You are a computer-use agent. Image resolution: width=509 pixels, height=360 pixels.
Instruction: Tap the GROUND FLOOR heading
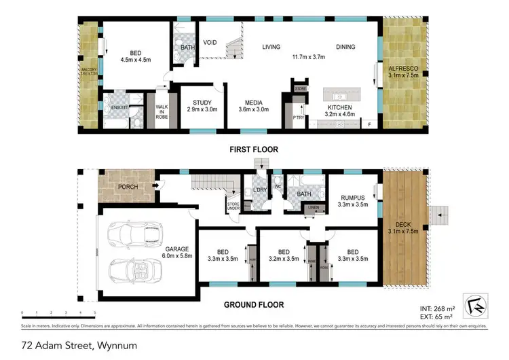pyautogui.click(x=253, y=305)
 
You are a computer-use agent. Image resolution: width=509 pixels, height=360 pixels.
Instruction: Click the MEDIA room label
pyautogui.click(x=253, y=103)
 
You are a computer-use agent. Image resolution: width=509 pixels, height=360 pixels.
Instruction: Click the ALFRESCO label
pyautogui.click(x=403, y=69)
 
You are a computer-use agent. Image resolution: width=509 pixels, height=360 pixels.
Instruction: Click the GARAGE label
pyautogui.click(x=178, y=249)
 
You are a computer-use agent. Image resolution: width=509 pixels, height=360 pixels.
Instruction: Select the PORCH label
pyautogui.click(x=128, y=187)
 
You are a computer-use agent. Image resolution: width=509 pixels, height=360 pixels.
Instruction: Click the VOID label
pyautogui.click(x=210, y=42)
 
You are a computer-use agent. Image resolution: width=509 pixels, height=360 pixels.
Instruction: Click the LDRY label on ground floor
pyautogui.click(x=258, y=190)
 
